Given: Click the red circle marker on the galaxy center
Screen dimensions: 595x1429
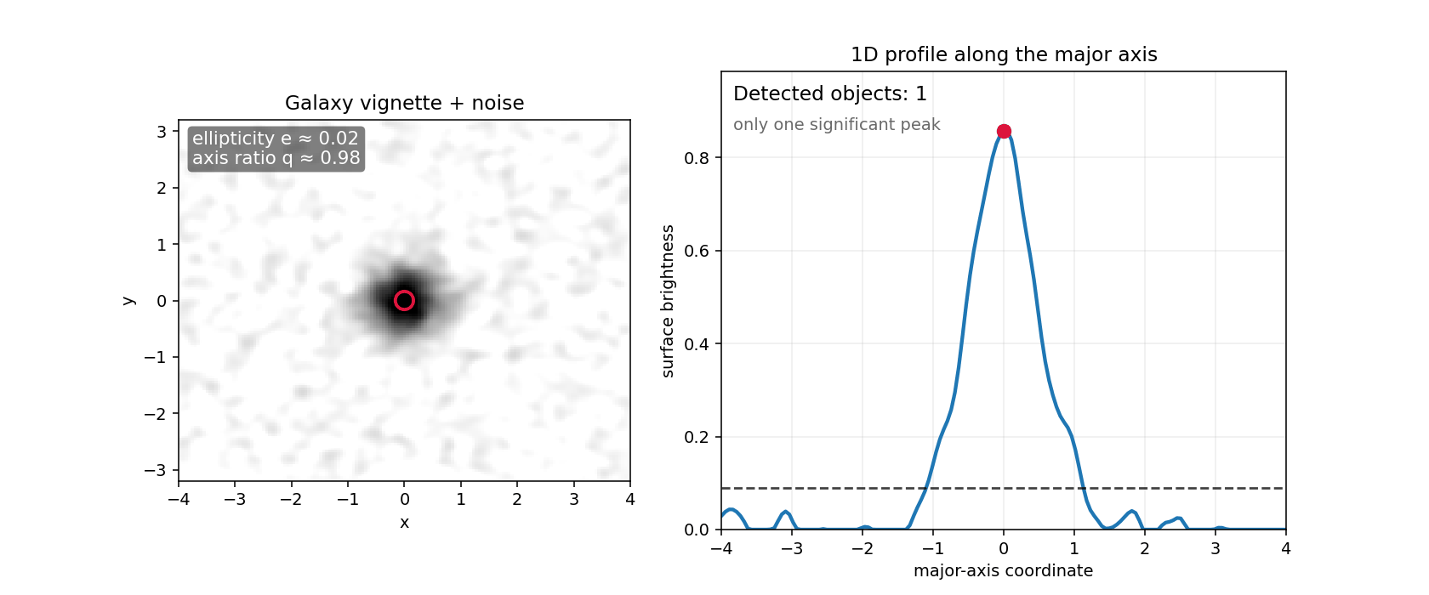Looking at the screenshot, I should (x=404, y=300).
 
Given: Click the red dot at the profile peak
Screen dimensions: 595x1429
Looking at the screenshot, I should (x=1004, y=131).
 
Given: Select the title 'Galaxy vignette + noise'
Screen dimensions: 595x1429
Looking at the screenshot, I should (x=404, y=103).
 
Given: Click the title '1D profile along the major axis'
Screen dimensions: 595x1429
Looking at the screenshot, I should (x=1004, y=54).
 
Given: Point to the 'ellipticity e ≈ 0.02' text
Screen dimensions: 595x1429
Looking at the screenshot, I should (x=276, y=139).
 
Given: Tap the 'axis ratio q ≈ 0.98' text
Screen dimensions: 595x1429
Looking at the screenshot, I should (x=276, y=158).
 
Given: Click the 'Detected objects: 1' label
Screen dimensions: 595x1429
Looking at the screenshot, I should (x=829, y=93).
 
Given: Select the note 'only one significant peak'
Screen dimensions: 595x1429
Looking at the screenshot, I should (x=836, y=124).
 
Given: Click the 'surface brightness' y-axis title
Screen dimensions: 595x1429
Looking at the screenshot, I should (x=668, y=301).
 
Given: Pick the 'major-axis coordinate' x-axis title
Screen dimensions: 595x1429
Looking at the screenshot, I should (x=1003, y=570).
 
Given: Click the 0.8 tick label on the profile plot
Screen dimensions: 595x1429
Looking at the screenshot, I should (x=696, y=158).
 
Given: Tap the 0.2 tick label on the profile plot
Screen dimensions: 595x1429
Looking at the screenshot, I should (x=696, y=437).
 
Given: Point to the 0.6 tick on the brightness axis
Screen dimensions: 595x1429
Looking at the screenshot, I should (x=696, y=251).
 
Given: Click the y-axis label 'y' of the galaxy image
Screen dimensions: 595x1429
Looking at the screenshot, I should (x=128, y=300).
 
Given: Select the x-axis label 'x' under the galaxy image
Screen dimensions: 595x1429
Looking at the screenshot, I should (x=404, y=522).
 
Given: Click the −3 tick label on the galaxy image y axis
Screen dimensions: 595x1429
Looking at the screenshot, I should (x=155, y=470).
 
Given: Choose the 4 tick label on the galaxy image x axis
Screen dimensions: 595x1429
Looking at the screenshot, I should (x=629, y=499).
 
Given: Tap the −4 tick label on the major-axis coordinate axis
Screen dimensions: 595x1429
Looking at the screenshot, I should (x=721, y=548).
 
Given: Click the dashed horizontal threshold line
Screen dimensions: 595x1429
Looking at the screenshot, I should (x=1191, y=488).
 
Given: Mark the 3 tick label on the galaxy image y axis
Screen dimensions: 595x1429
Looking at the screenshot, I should (x=161, y=132).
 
